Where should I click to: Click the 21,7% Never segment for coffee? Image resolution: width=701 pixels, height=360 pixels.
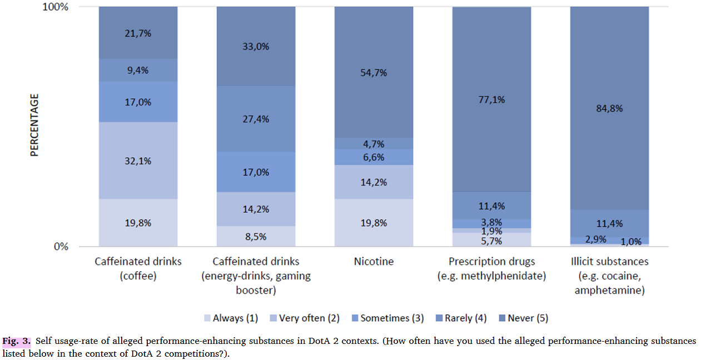tap(138, 33)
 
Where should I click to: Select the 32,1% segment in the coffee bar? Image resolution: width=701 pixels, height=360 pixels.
tap(138, 161)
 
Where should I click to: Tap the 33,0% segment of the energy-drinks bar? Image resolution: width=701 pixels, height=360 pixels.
tap(256, 47)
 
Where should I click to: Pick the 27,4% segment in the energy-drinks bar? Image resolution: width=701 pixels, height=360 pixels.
tap(256, 119)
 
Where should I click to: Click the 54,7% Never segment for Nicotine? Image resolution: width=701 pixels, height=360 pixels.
tap(374, 73)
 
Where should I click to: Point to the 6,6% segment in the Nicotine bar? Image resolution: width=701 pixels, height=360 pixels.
tap(374, 157)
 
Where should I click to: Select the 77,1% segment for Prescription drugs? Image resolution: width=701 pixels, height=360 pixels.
tap(491, 99)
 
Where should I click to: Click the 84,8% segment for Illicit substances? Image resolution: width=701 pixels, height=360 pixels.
tap(609, 108)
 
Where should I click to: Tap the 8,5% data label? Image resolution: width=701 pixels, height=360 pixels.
tap(256, 237)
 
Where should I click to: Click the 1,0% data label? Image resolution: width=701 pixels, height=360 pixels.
tap(631, 242)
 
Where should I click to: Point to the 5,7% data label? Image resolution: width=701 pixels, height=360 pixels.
tap(491, 241)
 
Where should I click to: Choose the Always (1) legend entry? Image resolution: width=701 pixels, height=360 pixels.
tap(230, 318)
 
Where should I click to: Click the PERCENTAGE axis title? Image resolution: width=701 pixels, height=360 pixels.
tap(34, 125)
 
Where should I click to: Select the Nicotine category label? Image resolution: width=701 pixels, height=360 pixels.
tap(374, 261)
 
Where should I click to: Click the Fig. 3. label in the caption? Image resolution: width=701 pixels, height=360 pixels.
tap(17, 341)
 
